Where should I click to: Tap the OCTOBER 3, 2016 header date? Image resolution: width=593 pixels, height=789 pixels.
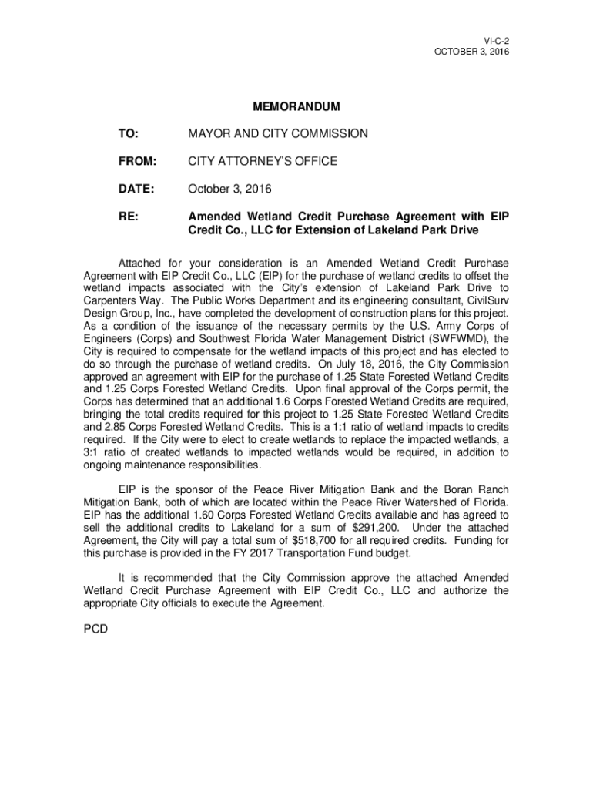click(x=472, y=51)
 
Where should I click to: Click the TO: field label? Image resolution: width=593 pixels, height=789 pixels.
click(x=127, y=134)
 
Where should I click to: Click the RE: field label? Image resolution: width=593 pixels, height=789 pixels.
click(x=128, y=217)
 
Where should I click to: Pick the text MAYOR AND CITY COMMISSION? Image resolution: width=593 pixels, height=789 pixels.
click(x=278, y=134)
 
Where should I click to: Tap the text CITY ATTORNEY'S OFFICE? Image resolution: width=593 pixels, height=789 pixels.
click(x=263, y=162)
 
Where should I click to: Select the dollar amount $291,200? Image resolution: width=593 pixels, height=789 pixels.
click(x=377, y=528)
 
